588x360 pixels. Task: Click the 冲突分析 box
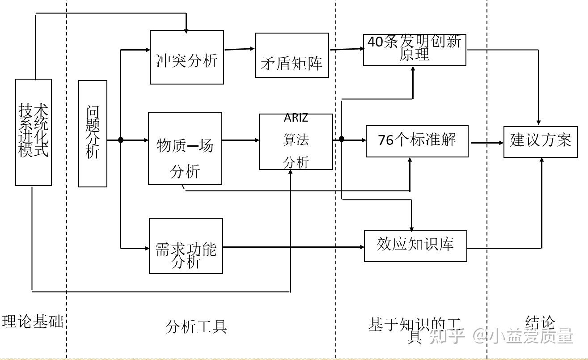pos(187,57)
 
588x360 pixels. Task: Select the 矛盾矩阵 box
pos(292,55)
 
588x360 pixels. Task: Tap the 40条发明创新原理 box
pos(415,50)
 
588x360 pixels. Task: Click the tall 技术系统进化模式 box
pos(34,132)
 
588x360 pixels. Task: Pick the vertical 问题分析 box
pos(93,134)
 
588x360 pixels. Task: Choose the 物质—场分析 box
pos(185,148)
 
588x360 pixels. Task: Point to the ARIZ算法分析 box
pos(296,142)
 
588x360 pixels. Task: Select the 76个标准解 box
pos(417,141)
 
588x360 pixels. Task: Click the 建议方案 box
pos(540,142)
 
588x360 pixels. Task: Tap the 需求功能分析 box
pos(186,246)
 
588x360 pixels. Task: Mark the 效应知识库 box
pos(415,246)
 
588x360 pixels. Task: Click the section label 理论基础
pos(33,321)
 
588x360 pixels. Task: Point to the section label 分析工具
pos(196,327)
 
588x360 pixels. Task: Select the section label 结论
pos(540,323)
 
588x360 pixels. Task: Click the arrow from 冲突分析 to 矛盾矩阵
pos(239,49)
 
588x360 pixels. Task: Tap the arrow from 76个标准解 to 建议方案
pos(486,143)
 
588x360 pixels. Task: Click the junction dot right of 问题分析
pos(121,140)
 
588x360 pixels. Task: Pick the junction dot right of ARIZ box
pos(342,139)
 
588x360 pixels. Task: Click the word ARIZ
pos(296,118)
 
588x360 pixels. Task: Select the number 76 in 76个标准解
pos(385,140)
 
